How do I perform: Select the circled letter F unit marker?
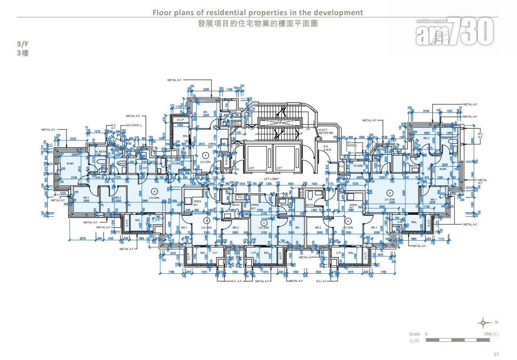click(x=205, y=155)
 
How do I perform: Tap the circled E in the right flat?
click(x=390, y=193)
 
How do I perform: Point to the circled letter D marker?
click(x=348, y=220)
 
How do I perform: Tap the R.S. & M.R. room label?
click(x=327, y=148)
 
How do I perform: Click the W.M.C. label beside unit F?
click(x=226, y=160)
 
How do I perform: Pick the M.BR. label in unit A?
click(x=70, y=163)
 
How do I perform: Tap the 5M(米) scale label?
click(x=491, y=334)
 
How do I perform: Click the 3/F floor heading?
click(x=22, y=44)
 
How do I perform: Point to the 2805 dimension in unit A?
click(x=145, y=201)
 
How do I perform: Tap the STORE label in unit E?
click(x=358, y=166)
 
